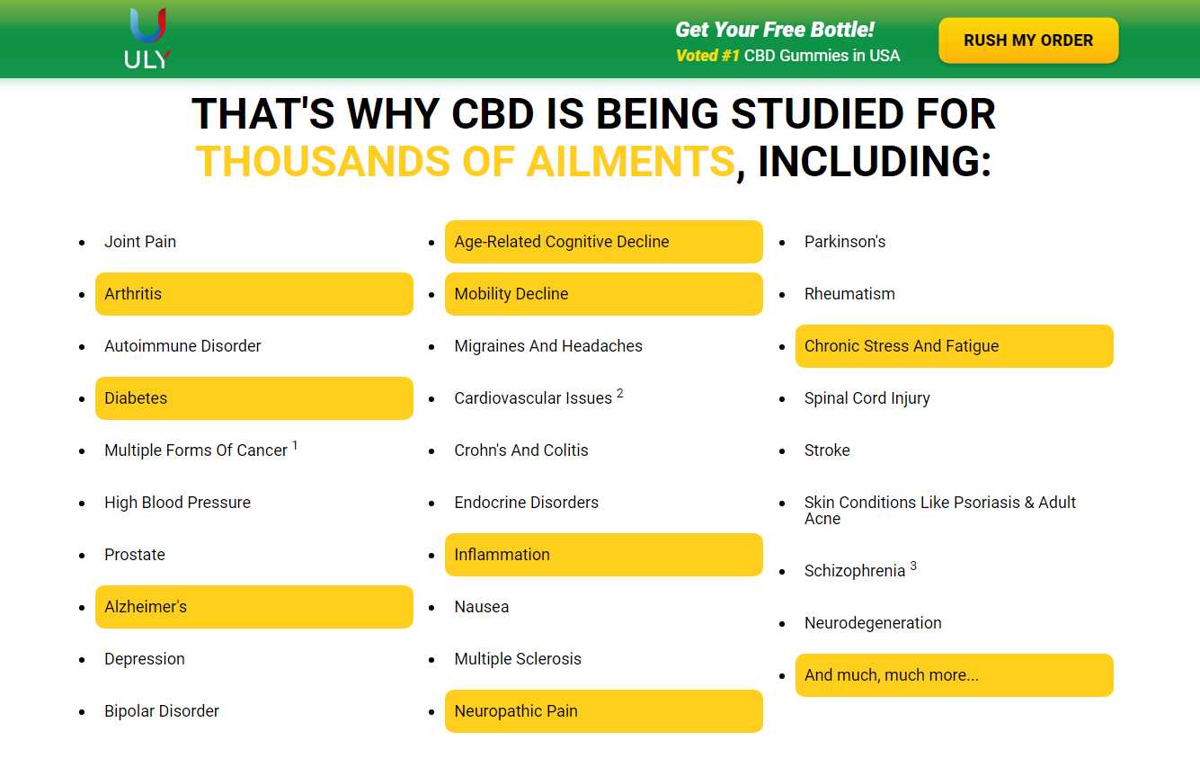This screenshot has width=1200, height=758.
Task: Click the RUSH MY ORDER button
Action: coord(1028,40)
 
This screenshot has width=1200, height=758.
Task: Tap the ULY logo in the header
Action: coord(147,39)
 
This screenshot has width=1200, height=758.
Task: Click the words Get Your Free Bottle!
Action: coord(775,30)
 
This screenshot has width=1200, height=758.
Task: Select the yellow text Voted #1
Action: coord(707,55)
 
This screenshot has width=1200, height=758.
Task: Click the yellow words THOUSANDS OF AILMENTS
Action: coord(465,161)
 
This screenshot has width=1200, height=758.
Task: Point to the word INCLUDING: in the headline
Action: coord(875,161)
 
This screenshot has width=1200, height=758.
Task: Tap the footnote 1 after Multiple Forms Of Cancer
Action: coord(295,445)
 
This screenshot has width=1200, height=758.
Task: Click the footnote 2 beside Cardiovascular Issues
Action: coord(620,393)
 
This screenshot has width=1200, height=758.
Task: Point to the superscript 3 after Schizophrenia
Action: coord(913,566)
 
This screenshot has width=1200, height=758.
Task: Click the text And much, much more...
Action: coord(892,675)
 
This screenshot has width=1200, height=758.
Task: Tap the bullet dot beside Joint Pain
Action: coord(82,243)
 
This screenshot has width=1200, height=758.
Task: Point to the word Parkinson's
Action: coord(845,242)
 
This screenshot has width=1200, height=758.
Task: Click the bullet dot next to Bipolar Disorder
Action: coord(82,712)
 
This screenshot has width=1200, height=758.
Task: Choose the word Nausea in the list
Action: coord(482,607)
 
